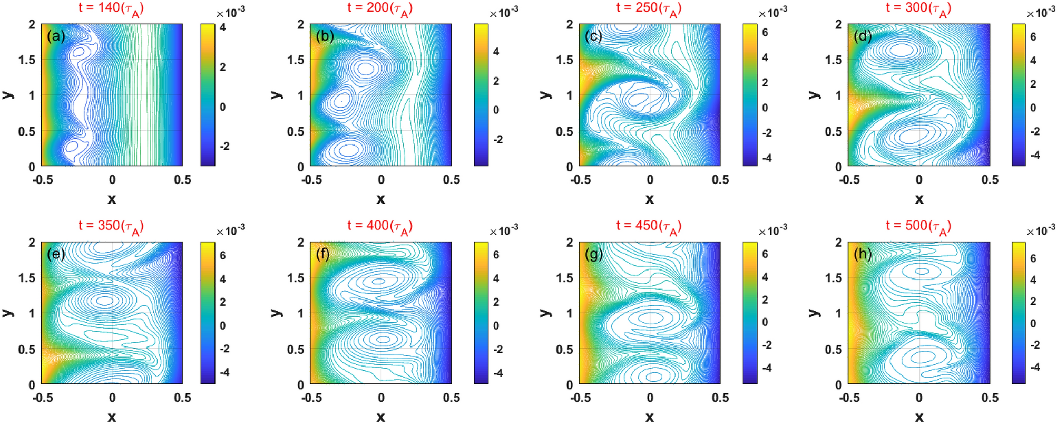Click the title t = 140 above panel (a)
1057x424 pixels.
111,8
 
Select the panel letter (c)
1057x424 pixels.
593,36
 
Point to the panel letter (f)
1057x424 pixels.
322,255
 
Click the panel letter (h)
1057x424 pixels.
863,255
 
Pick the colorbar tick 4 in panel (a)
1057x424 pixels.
223,27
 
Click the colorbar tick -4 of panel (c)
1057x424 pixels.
767,158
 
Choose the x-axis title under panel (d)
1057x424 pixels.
919,199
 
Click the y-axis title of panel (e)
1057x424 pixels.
8,313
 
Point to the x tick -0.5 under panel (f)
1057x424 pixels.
311,398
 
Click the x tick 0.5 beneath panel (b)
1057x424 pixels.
451,180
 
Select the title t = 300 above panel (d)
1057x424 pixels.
918,8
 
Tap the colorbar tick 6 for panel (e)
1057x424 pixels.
223,255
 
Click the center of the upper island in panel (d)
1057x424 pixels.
902,50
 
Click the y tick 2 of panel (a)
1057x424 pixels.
32,24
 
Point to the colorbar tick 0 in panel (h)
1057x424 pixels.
1033,323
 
